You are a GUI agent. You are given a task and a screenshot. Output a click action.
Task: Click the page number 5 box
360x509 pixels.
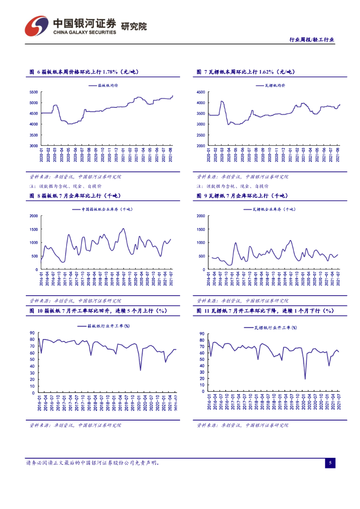pyautogui.click(x=330, y=463)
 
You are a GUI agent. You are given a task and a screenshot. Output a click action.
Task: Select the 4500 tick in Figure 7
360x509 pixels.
pyautogui.click(x=200, y=92)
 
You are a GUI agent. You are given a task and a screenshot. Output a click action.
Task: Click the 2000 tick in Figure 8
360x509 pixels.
pyautogui.click(x=33, y=216)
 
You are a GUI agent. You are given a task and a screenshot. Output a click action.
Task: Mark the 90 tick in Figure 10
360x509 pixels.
pyautogui.click(x=32, y=333)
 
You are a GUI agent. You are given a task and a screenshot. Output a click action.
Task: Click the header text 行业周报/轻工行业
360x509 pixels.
pyautogui.click(x=312, y=40)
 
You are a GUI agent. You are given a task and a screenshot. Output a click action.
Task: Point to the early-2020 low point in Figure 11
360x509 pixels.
pyautogui.click(x=305, y=379)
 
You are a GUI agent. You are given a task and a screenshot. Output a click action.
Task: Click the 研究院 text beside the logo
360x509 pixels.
pyautogui.click(x=134, y=26)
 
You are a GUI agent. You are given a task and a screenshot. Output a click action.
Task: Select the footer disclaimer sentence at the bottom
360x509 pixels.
pyautogui.click(x=92, y=463)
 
